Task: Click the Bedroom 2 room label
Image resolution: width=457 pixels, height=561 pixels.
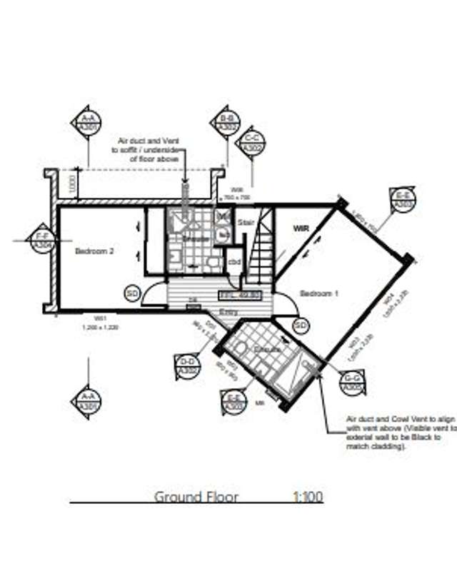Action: tap(95, 251)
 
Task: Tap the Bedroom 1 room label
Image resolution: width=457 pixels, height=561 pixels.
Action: tap(318, 293)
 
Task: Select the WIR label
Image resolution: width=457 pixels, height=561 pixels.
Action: tap(300, 229)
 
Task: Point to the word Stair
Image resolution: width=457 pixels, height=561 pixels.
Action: tap(246, 223)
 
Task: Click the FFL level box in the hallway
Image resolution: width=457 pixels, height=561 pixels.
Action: tap(240, 294)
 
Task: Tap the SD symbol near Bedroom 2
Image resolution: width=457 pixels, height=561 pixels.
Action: tap(131, 293)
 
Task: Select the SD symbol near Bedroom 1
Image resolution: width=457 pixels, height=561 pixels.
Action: tap(301, 325)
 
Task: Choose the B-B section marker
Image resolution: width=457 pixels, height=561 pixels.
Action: tap(228, 122)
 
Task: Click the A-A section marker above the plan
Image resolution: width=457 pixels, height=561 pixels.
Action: tap(89, 122)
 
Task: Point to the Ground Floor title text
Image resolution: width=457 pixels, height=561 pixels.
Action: tap(196, 497)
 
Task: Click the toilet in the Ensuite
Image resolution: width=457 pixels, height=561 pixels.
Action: tap(241, 350)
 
